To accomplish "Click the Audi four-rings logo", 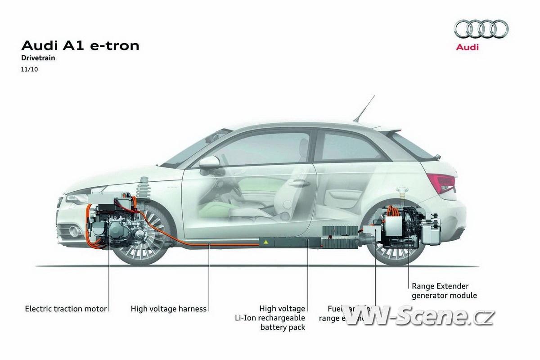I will pyautogui.click(x=481, y=29).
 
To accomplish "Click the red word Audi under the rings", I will pyautogui.click(x=468, y=47).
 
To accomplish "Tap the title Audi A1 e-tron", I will pyautogui.click(x=81, y=45).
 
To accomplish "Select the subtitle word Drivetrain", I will pyautogui.click(x=38, y=58).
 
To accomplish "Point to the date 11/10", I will pyautogui.click(x=29, y=69).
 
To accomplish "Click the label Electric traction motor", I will pyautogui.click(x=66, y=309).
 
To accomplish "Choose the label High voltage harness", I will pyautogui.click(x=168, y=309).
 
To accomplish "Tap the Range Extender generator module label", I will pyautogui.click(x=444, y=291).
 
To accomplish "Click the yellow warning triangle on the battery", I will pyautogui.click(x=266, y=243).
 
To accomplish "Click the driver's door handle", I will pyautogui.click(x=298, y=183).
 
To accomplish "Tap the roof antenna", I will pyautogui.click(x=364, y=108).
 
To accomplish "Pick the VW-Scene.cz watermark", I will pyautogui.click(x=418, y=316).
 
